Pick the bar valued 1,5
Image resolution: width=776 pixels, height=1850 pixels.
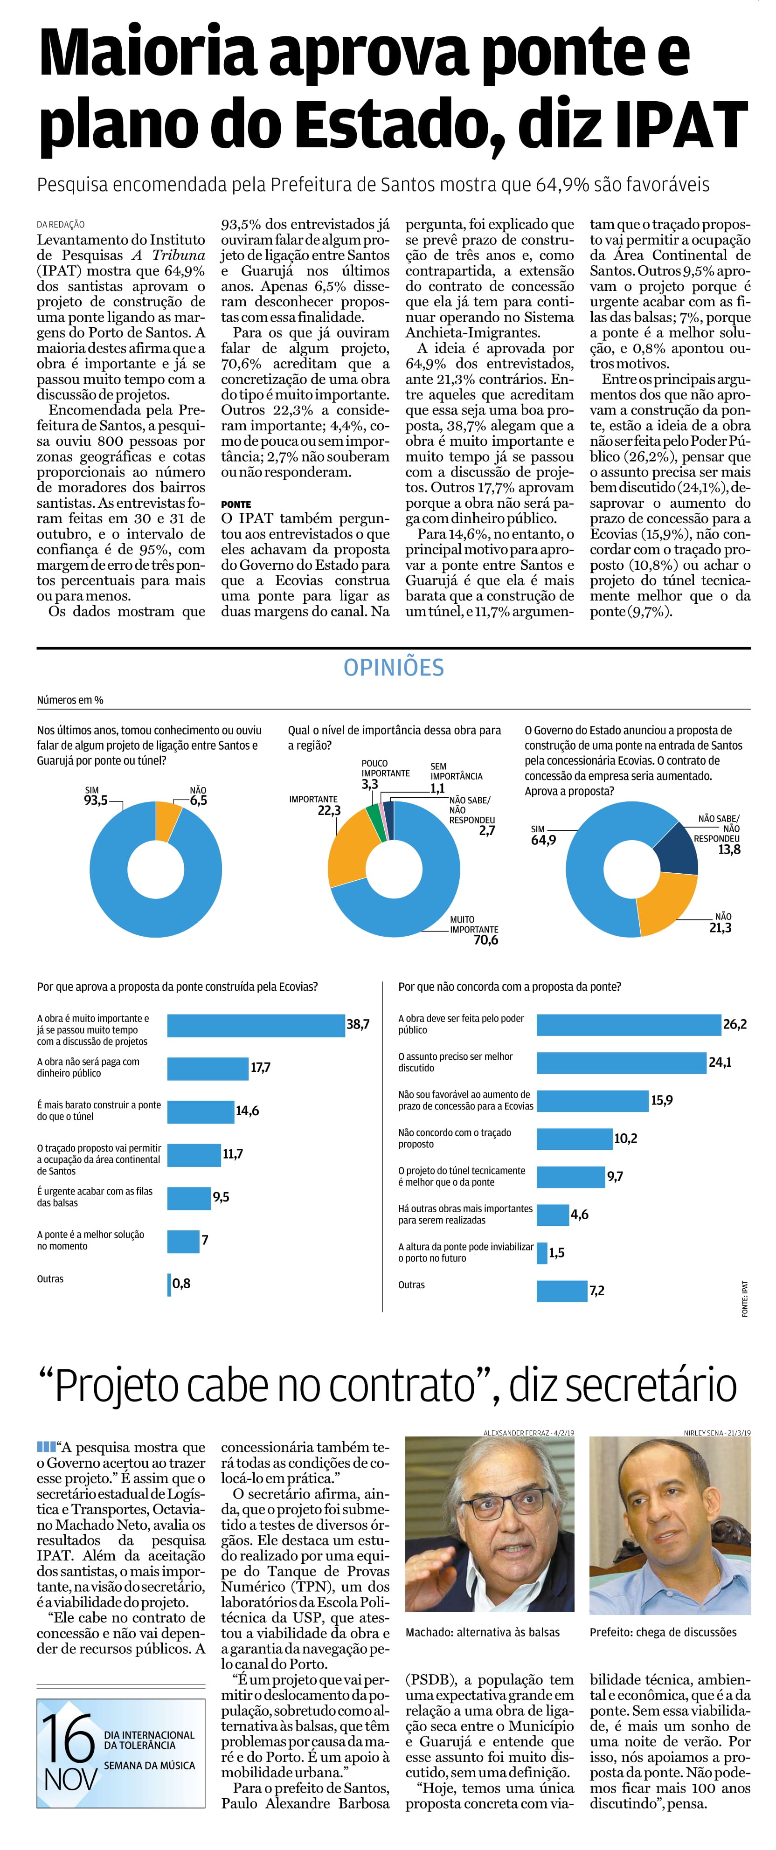tap(542, 1253)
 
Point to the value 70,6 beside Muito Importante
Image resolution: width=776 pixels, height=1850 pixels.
tap(485, 940)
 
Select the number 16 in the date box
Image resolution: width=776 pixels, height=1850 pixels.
tap(68, 1737)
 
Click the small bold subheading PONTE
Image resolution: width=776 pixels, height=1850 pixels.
tap(236, 504)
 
